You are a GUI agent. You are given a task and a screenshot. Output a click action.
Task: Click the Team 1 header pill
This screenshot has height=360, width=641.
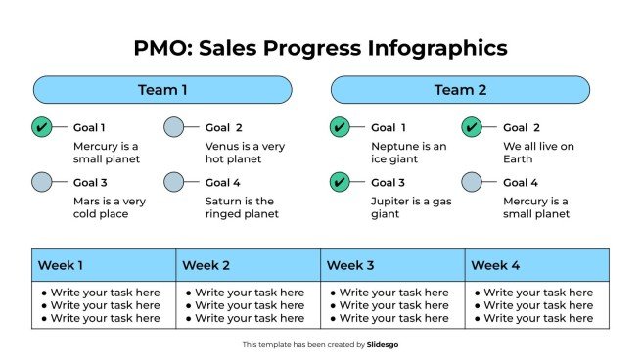pos(162,90)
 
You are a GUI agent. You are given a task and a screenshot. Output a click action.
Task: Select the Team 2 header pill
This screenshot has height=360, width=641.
pos(460,90)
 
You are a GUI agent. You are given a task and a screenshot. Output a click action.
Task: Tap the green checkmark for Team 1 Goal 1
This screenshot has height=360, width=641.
pos(42,127)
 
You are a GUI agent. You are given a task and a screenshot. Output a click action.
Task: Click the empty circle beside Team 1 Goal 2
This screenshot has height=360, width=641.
pos(174,127)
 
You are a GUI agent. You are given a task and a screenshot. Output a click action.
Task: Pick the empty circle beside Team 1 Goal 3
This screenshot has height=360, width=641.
pos(42,182)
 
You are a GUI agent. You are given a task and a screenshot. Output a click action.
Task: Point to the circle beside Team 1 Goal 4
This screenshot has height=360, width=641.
pos(174,182)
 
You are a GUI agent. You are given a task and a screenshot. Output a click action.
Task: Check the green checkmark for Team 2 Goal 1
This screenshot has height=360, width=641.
pos(340,127)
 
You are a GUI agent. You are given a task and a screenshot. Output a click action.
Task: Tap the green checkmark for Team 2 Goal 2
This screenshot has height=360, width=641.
pos(472,127)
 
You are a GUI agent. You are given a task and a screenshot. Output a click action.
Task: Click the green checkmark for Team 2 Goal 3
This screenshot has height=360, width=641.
pos(340,182)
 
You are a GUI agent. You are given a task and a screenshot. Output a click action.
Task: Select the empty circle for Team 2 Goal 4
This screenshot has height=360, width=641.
pos(472,182)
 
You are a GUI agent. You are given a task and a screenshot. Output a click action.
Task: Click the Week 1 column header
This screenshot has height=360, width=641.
pos(104,265)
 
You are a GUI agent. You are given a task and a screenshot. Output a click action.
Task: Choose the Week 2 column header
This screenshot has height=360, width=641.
pos(249,265)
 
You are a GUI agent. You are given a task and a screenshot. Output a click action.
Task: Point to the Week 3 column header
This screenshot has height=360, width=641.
pos(392,265)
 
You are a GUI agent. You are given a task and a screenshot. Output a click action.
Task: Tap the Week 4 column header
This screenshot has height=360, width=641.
pos(537,265)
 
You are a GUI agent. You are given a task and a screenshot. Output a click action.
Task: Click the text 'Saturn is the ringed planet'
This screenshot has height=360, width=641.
pos(242,207)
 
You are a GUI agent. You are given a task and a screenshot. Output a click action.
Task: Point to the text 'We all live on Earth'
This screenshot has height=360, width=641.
pos(538,153)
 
